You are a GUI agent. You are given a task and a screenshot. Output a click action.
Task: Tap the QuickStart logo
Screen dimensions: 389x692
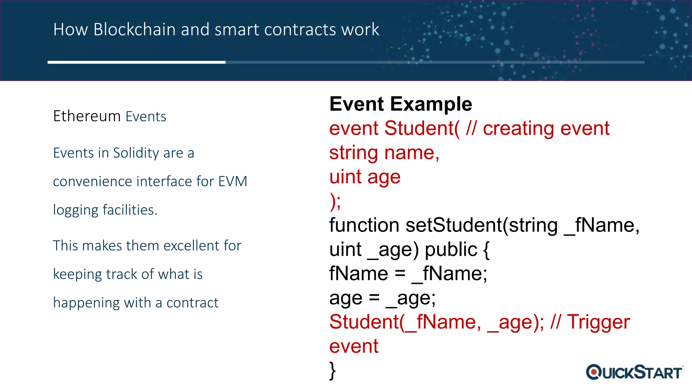coord(635,372)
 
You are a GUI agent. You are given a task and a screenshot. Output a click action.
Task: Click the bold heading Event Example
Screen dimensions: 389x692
coord(400,104)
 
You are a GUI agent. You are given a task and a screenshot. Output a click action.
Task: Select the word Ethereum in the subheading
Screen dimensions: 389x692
coord(87,116)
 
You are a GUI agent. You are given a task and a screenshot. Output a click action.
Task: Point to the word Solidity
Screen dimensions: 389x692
coord(136,153)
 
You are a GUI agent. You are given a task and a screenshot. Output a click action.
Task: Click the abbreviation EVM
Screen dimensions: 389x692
coord(232,182)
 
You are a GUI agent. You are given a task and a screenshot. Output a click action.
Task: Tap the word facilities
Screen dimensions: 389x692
coord(130,210)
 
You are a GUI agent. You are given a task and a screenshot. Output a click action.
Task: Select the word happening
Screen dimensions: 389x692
coord(86,303)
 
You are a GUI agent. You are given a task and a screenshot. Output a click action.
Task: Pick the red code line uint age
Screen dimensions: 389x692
coord(365,177)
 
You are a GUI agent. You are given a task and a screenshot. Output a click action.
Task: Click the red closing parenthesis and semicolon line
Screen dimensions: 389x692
coord(335,202)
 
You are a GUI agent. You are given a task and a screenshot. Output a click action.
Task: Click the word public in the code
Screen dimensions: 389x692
coord(451,250)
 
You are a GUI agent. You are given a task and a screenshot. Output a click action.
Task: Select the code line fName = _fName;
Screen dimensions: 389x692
coord(408,274)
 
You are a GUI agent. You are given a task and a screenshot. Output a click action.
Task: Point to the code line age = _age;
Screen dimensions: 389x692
coord(382,298)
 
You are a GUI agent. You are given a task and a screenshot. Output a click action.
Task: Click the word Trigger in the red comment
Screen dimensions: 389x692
coord(598,322)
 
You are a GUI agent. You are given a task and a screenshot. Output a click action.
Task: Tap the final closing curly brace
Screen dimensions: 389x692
coord(332,371)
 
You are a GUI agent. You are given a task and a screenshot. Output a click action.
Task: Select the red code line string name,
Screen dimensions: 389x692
coord(384,153)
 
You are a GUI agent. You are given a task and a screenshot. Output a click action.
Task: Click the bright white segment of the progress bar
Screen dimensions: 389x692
coord(136,62)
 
